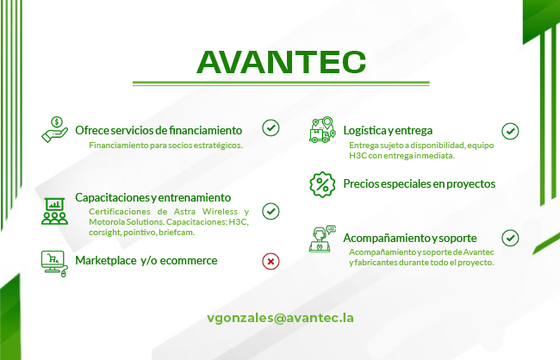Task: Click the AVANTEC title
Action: pyautogui.click(x=282, y=62)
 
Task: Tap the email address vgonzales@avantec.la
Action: pyautogui.click(x=280, y=318)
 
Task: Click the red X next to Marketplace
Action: pyautogui.click(x=271, y=262)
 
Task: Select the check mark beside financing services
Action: pyautogui.click(x=271, y=127)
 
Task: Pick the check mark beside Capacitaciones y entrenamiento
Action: pyautogui.click(x=271, y=211)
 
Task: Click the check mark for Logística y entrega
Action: pyautogui.click(x=510, y=131)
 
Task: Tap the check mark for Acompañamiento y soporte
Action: pyautogui.click(x=510, y=238)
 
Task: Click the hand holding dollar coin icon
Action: pyautogui.click(x=54, y=130)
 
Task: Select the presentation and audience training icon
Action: pyautogui.click(x=54, y=211)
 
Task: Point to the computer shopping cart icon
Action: pyautogui.click(x=54, y=264)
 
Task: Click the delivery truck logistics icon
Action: pyautogui.click(x=322, y=130)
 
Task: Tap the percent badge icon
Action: pyautogui.click(x=322, y=184)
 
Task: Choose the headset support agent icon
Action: pyautogui.click(x=322, y=239)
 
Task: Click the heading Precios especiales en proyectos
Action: pyautogui.click(x=420, y=184)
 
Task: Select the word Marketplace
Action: pyautogui.click(x=106, y=260)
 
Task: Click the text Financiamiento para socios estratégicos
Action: pyautogui.click(x=165, y=146)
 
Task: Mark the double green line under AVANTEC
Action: pyautogui.click(x=281, y=84)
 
